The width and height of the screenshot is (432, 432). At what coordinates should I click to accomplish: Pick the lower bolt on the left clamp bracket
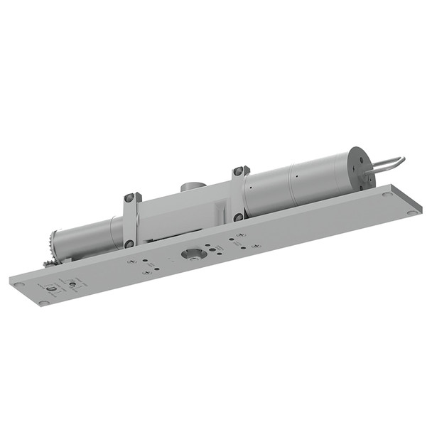pos(129,244)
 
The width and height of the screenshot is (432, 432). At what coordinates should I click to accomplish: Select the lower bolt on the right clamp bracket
pos(239,217)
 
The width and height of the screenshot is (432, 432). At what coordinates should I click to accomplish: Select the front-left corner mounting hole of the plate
pos(44,303)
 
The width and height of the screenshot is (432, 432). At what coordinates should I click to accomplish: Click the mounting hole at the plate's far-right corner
pos(413,211)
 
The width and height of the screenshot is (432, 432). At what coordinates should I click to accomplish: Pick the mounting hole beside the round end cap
pos(386,194)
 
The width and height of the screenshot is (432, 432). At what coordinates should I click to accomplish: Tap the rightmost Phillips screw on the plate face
pos(254,247)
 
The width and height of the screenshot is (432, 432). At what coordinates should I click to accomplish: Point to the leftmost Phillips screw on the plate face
pos(132,262)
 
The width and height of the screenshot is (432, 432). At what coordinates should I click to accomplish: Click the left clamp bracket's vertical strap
pos(129,220)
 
